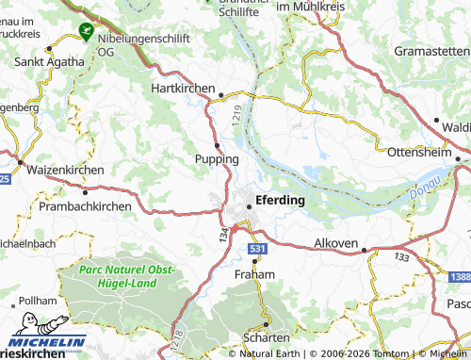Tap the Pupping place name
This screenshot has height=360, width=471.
click(216, 159)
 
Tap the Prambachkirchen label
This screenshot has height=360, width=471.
click(85, 205)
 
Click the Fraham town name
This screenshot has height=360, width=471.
click(254, 274)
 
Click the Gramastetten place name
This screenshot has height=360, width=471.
click(432, 50)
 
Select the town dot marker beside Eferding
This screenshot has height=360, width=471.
click(250, 205)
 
